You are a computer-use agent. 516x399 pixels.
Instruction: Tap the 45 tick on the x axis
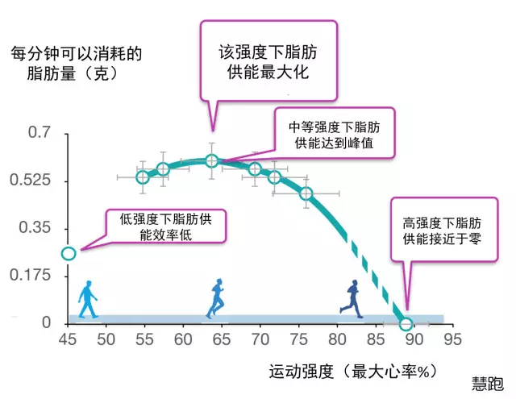coord(69,340)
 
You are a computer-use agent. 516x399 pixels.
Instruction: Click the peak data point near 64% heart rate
coord(212,161)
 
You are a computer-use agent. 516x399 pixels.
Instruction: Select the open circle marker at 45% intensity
coord(69,253)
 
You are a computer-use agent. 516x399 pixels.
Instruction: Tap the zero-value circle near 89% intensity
coord(406,323)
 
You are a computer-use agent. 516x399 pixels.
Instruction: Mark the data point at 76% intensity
coord(306,193)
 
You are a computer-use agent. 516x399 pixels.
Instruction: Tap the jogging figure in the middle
coord(216,297)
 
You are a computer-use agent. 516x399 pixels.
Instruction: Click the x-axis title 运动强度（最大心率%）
coord(352,372)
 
